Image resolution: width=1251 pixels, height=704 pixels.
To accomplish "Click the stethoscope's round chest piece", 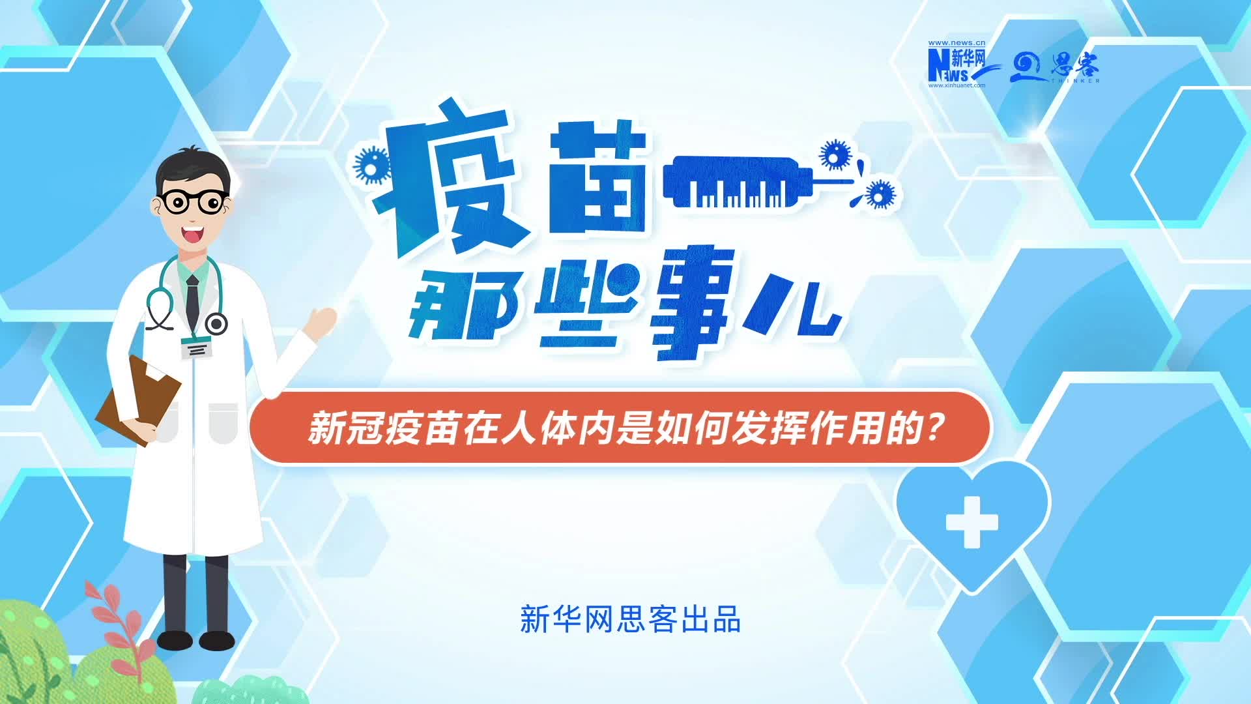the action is (x=216, y=323).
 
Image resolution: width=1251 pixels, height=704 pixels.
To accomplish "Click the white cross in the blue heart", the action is (x=971, y=521).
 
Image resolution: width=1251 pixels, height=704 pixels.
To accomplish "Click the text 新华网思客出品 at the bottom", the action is (x=630, y=619).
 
